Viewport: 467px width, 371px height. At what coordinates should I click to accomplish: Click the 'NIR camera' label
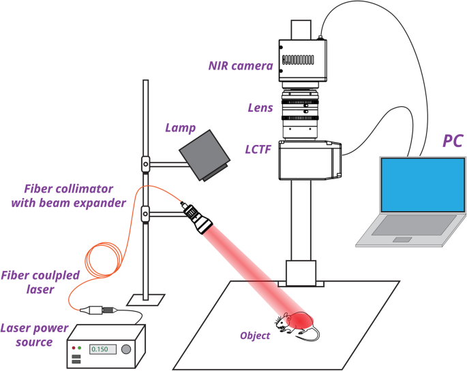(x=241, y=66)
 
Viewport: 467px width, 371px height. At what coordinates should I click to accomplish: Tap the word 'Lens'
(x=260, y=108)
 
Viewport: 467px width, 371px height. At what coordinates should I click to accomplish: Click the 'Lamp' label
(x=181, y=128)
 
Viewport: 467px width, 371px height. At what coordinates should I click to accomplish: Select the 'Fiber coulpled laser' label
(x=40, y=281)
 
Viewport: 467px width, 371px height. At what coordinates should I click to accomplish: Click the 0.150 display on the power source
(x=100, y=349)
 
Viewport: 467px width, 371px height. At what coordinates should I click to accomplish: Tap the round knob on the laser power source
(x=127, y=349)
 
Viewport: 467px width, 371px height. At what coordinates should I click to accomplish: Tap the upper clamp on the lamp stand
(x=145, y=163)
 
